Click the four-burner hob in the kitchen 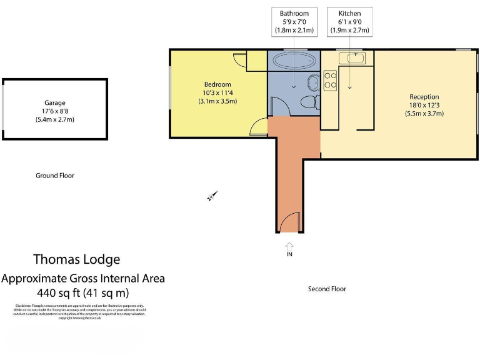coord(330,81)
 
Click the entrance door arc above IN coord(289,222)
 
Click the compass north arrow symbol coord(212,196)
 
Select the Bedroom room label coord(217,84)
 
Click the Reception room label coord(424,97)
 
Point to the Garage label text coord(54,103)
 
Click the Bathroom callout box coord(294,22)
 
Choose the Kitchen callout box coord(349,22)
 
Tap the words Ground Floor coord(54,176)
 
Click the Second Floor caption coord(327,289)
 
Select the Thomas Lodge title coord(76,259)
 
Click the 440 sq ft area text coord(83,292)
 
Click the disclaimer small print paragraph coord(79,311)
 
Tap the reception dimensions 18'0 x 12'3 coord(424,106)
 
